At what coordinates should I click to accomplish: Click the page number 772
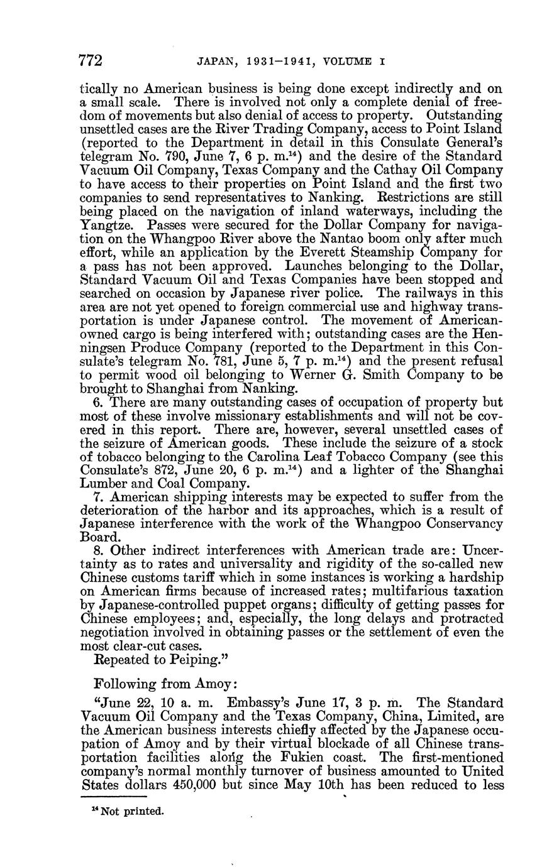(90, 60)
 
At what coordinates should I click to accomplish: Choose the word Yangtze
(104, 224)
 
